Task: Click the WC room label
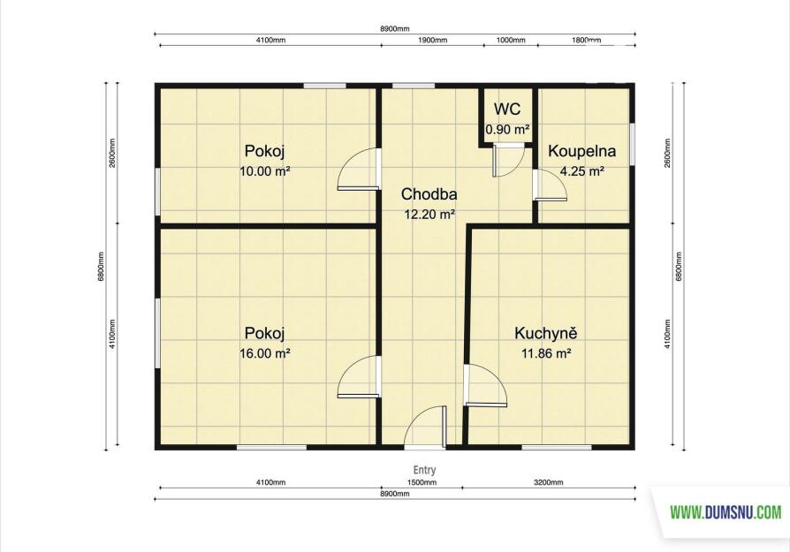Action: coord(507,109)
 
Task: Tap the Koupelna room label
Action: coord(582,151)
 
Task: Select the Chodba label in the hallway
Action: coord(429,194)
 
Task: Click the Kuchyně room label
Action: coord(545,333)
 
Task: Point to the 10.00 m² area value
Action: coord(265,171)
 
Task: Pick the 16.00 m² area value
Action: coord(265,353)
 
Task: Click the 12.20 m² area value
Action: coord(429,215)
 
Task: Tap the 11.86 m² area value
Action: coord(546,353)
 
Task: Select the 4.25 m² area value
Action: coord(582,171)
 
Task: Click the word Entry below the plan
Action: coord(424,470)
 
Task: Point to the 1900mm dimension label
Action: coord(432,41)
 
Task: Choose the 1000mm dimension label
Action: coord(511,41)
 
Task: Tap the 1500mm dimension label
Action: coord(422,482)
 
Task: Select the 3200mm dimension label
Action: coord(549,482)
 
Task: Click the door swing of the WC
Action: coord(508,160)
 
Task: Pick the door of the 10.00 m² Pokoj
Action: coord(358,169)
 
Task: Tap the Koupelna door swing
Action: coord(551,185)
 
